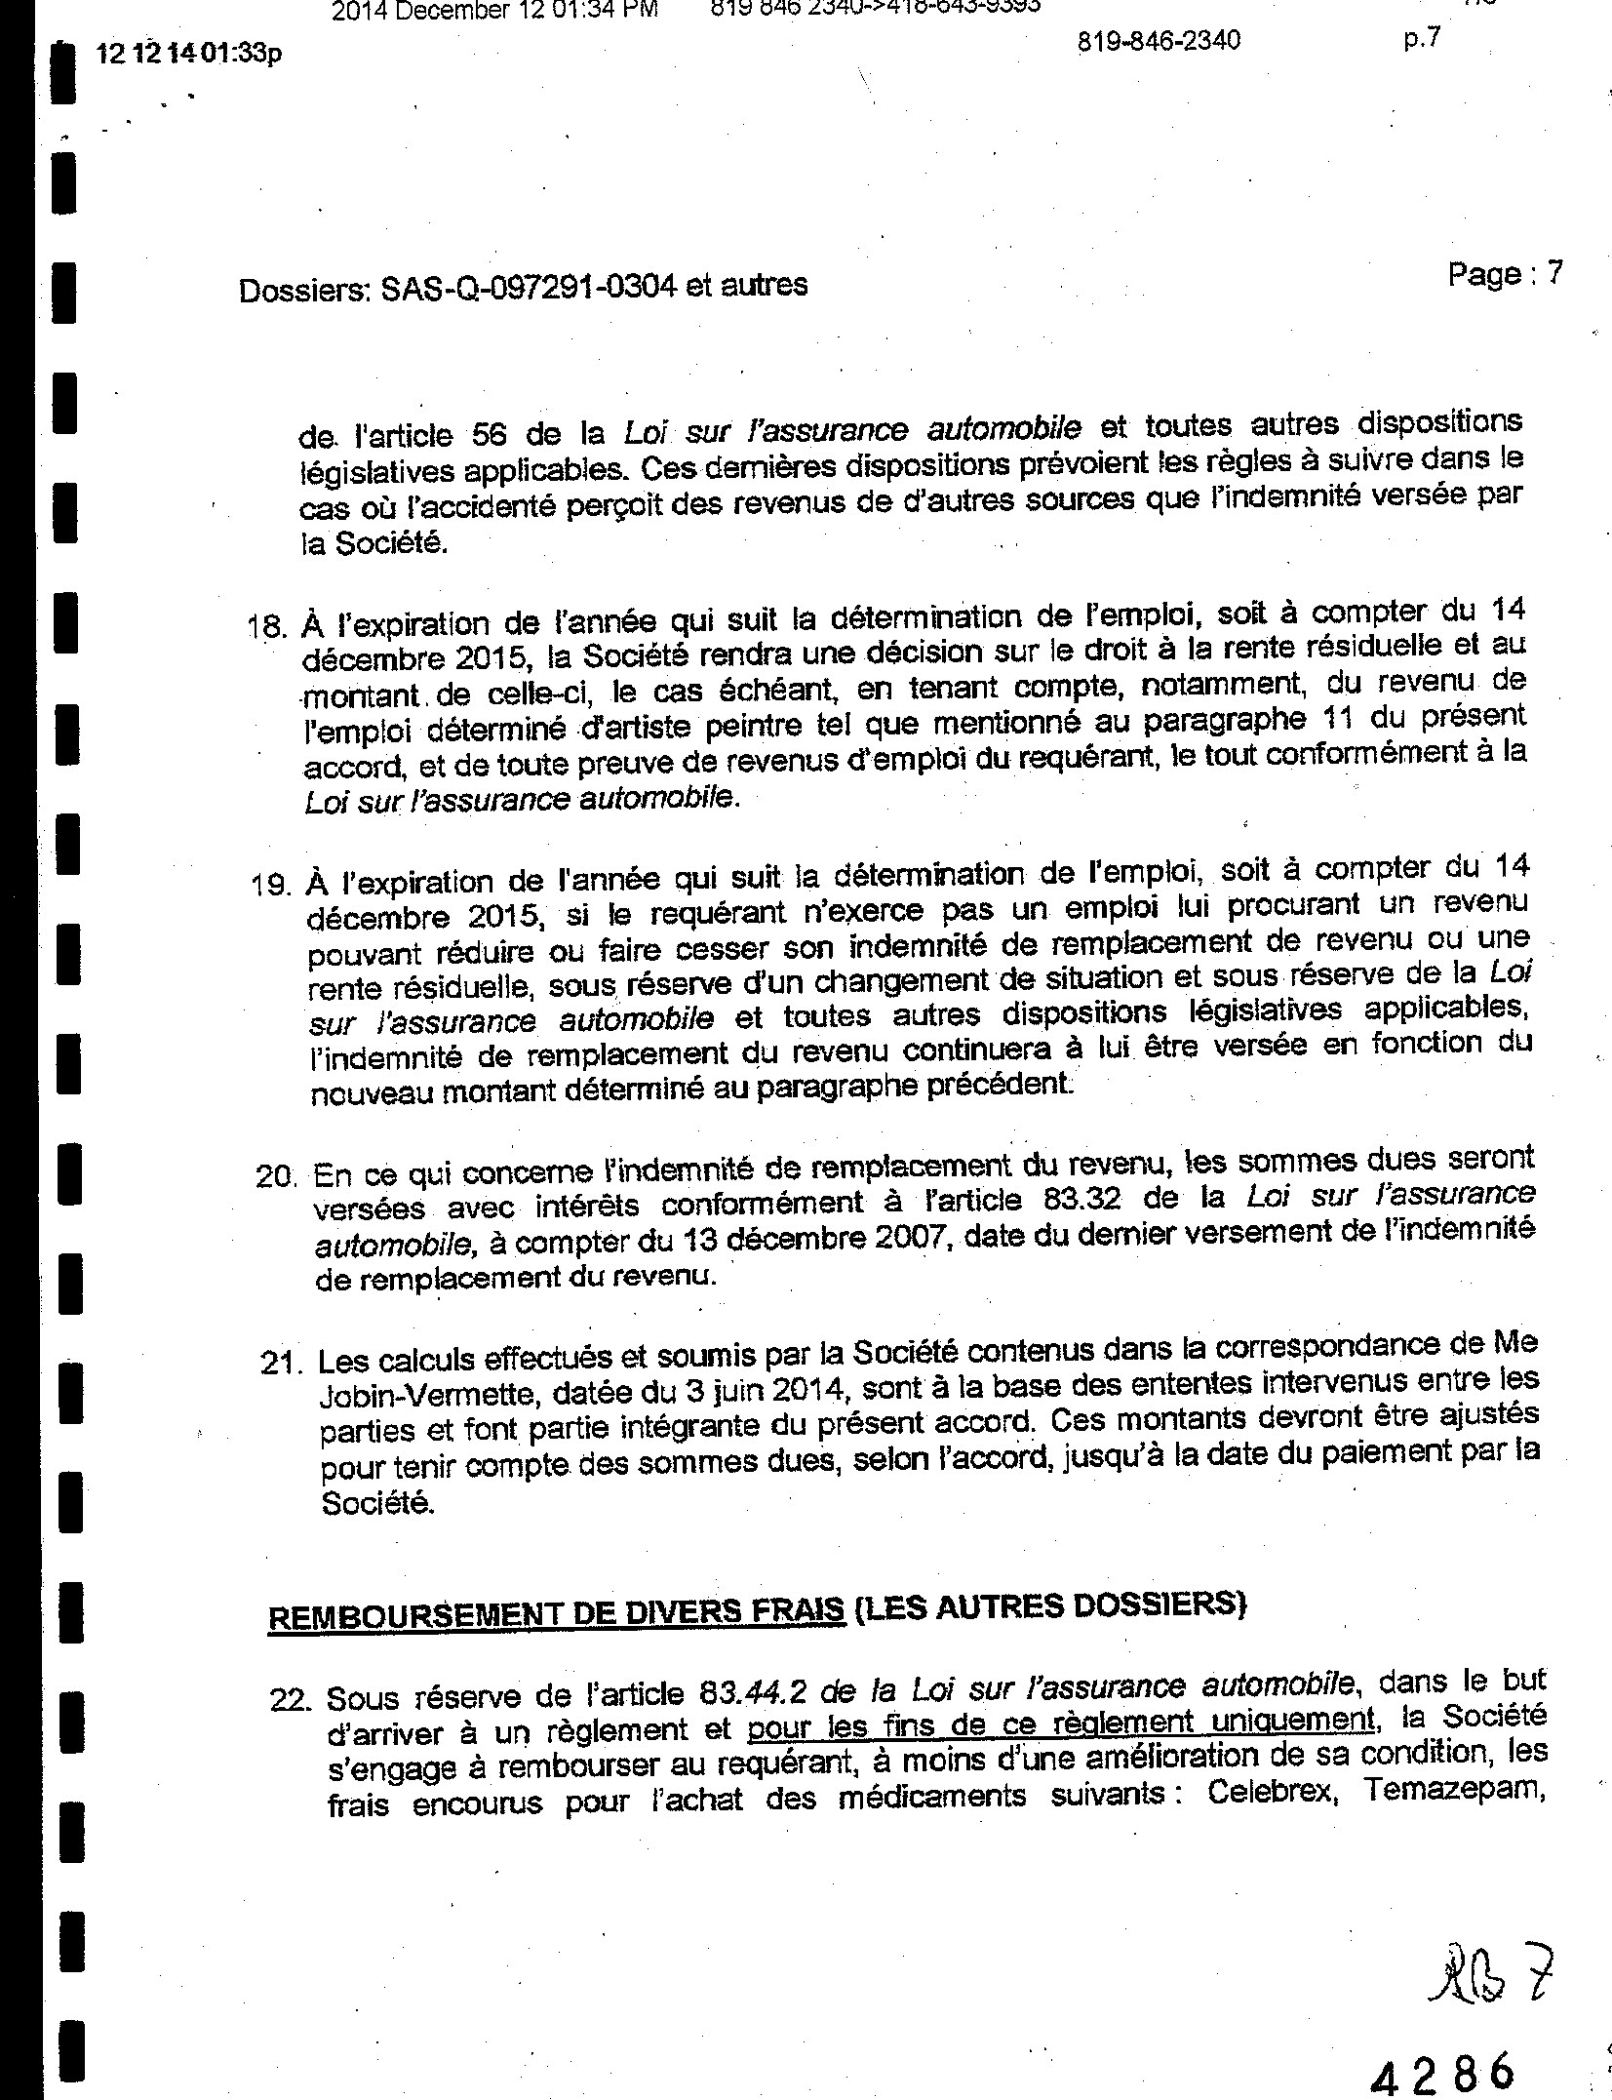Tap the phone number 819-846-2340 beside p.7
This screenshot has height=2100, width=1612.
pyautogui.click(x=1160, y=41)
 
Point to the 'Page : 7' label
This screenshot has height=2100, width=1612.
pyautogui.click(x=1505, y=274)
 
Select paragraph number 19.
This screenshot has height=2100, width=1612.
pyautogui.click(x=271, y=885)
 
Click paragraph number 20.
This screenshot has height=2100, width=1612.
pyautogui.click(x=276, y=1176)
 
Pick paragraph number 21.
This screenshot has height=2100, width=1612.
pyautogui.click(x=281, y=1362)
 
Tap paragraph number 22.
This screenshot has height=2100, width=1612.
pyautogui.click(x=290, y=1699)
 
